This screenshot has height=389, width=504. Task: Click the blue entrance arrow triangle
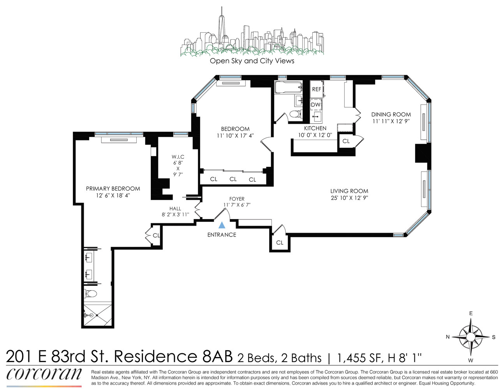pos(222,225)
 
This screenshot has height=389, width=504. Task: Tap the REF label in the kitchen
pos(317,89)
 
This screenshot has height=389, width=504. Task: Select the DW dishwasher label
pos(315,105)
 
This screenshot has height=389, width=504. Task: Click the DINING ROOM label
pos(391,114)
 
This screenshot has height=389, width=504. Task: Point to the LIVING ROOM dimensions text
pos(349,198)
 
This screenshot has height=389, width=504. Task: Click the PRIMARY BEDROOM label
pos(113,189)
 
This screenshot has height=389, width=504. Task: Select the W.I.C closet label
pos(178,157)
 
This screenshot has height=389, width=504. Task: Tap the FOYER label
pos(237,199)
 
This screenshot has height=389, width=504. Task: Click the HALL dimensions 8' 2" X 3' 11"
pos(175,214)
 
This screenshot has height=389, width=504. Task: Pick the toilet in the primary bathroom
pos(90,294)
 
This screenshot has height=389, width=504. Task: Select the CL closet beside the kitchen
pos(346,141)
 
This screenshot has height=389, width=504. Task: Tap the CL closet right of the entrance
pos(280,243)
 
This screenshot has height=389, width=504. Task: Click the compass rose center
pos(471,336)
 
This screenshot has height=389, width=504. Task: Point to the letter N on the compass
pos(448,337)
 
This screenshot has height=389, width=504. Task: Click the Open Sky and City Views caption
pos(252,61)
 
